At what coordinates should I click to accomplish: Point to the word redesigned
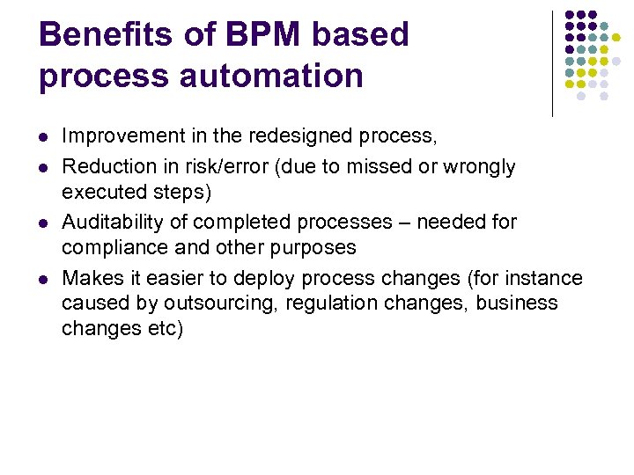tap(300, 136)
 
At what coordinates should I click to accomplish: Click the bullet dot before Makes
tap(43, 280)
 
